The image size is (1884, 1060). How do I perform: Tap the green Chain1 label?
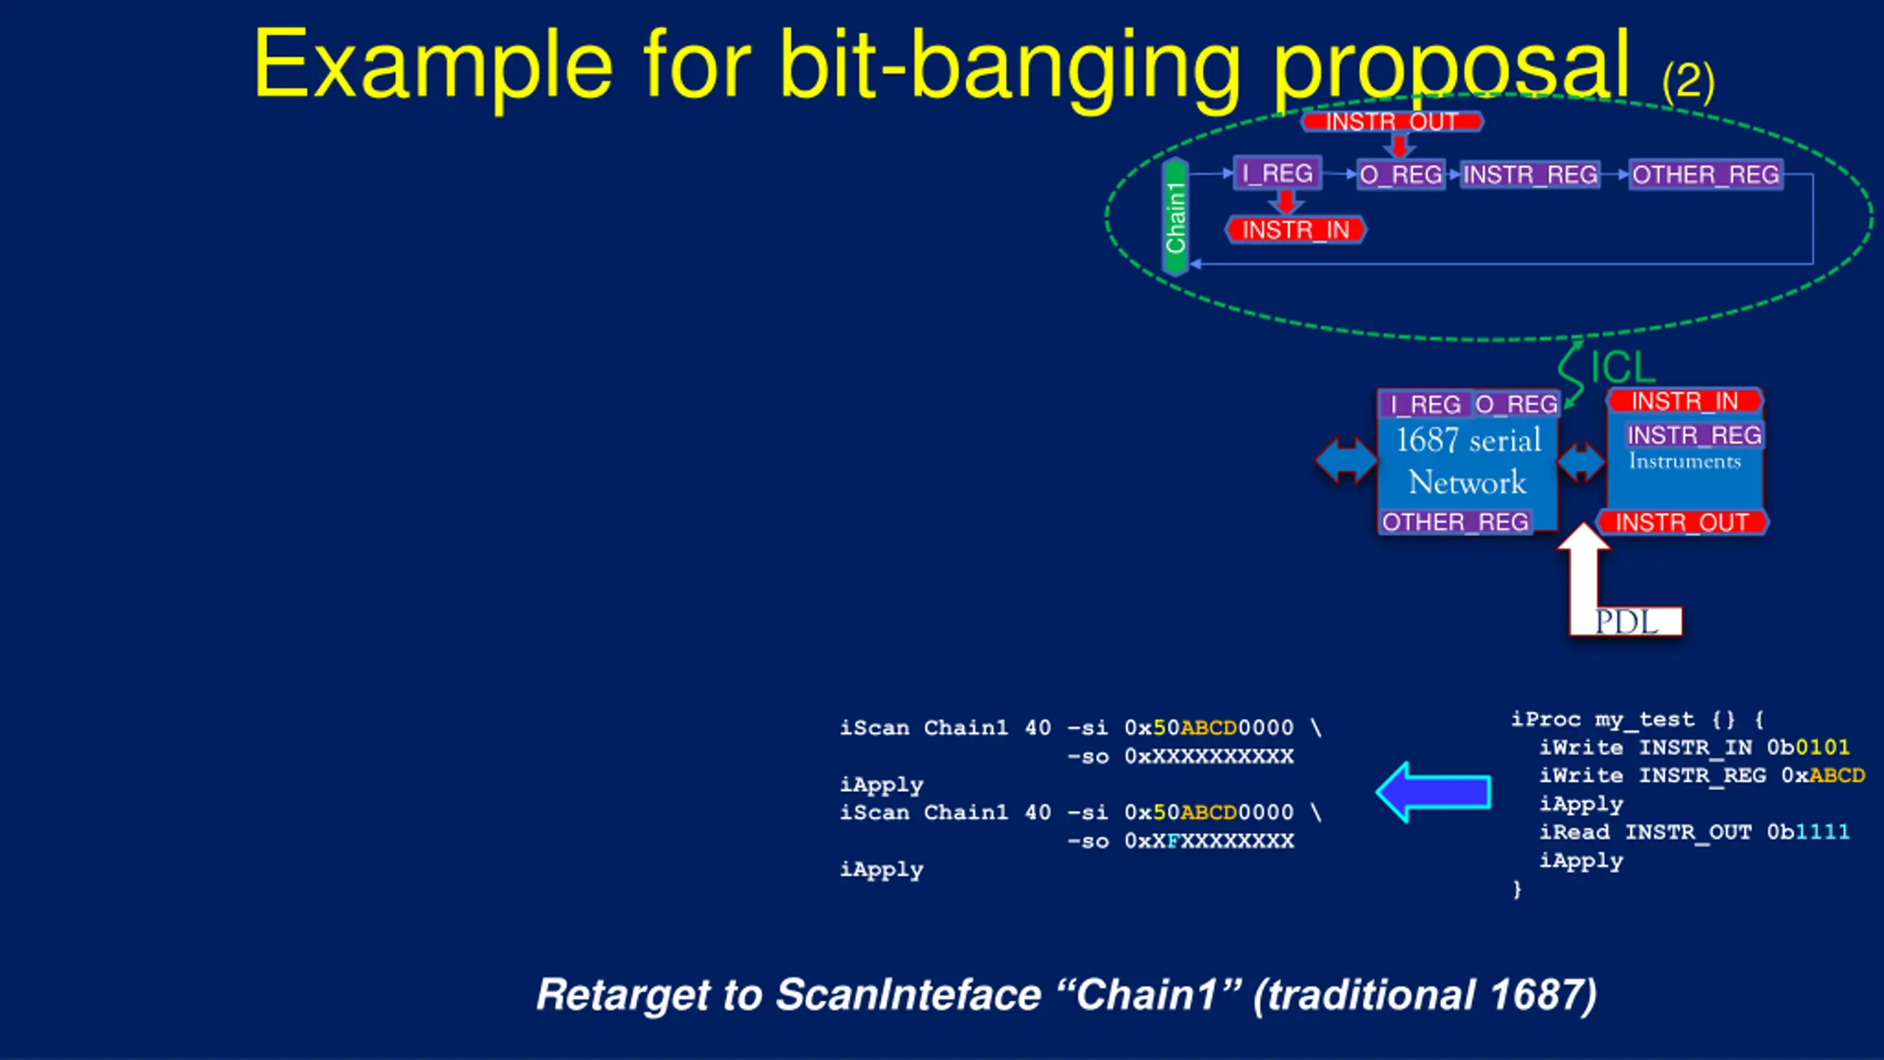(1175, 217)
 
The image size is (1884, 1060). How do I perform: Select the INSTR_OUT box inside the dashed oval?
(1392, 121)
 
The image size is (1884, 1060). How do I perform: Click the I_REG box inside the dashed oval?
(1278, 174)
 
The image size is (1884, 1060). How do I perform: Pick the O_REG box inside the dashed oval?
(1400, 175)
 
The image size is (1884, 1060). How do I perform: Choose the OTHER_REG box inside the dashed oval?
(1706, 175)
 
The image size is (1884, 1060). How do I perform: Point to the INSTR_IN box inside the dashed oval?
(1295, 230)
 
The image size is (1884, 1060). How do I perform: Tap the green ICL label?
(1622, 367)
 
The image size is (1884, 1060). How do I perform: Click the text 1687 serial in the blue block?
(1469, 440)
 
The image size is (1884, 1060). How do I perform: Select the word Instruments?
(1685, 462)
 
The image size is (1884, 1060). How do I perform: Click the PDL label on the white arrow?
(1626, 622)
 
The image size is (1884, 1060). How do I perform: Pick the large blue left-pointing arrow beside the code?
(1434, 792)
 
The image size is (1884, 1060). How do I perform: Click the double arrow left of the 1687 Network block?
(1346, 461)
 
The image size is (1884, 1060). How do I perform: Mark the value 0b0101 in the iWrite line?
(1808, 747)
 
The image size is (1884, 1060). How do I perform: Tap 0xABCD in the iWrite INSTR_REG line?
(1823, 775)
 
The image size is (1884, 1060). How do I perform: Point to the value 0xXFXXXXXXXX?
(1208, 841)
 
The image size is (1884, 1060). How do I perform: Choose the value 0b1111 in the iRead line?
(1808, 832)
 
